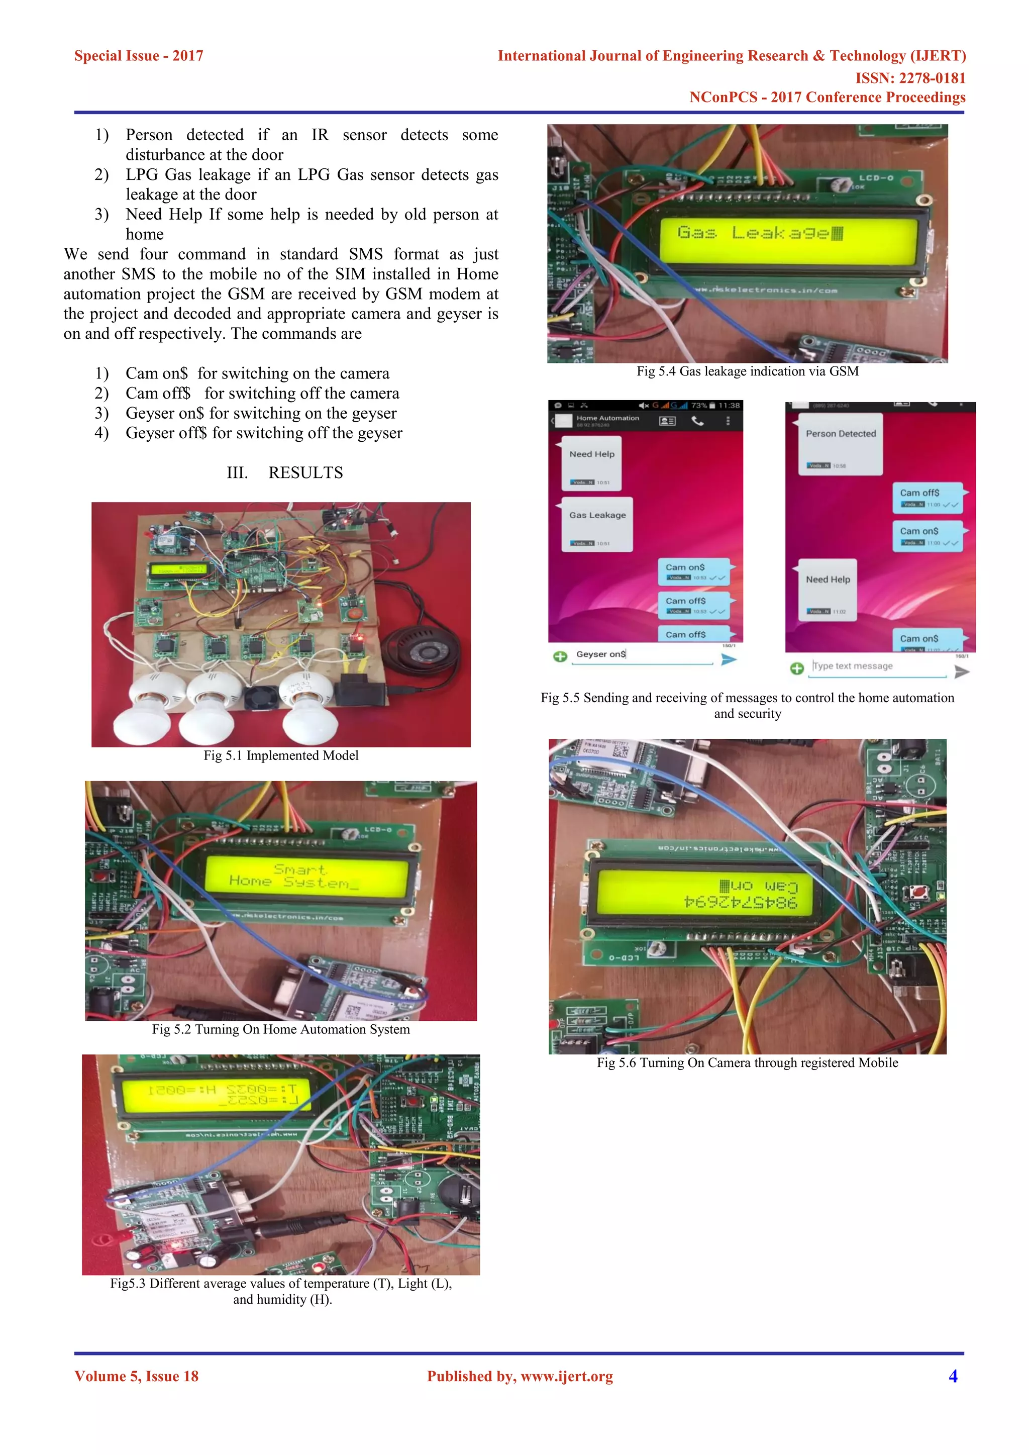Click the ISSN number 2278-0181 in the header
[x=910, y=78]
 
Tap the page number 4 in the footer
[x=952, y=1376]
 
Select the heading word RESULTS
[x=305, y=473]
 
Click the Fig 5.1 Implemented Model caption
[x=281, y=755]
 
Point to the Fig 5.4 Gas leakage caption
[x=748, y=371]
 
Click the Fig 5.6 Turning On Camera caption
[x=747, y=1063]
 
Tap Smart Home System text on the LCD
[x=299, y=876]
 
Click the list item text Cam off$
[x=158, y=394]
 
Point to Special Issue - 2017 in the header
[x=139, y=56]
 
